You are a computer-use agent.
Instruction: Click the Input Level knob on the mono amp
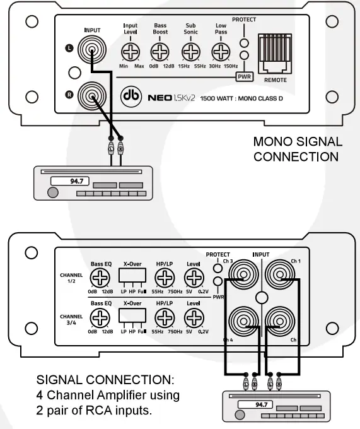tap(131, 51)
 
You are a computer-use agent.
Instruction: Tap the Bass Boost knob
tap(160, 51)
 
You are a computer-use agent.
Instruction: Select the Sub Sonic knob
tap(190, 51)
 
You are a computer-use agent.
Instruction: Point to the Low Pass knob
tap(220, 51)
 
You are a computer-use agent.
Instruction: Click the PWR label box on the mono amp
tap(244, 78)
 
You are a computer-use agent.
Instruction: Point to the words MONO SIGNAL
tap(298, 141)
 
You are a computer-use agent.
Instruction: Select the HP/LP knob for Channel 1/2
tap(165, 278)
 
